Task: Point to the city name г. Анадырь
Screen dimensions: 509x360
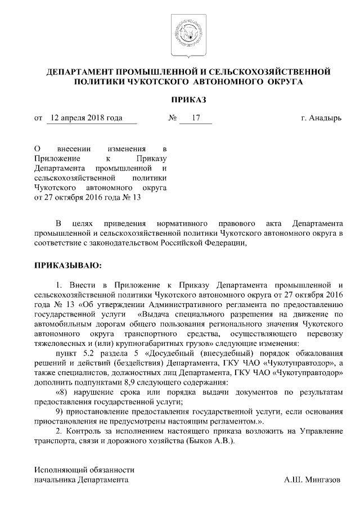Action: pos(321,119)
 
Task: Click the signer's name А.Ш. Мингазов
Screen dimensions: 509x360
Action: pos(312,480)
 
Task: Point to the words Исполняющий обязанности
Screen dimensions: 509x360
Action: pos(84,469)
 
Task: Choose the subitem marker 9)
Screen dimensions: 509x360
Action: pos(61,411)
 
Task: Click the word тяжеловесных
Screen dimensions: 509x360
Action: pos(58,343)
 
